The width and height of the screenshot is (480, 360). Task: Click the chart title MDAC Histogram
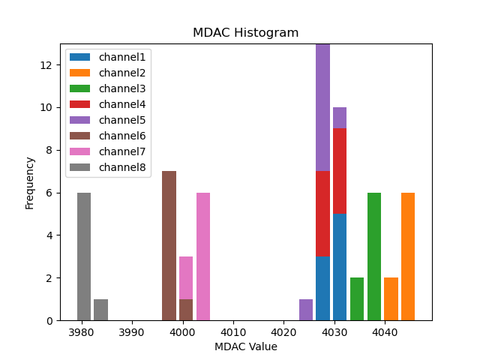(x=245, y=33)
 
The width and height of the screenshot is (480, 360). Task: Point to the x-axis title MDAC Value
(x=245, y=346)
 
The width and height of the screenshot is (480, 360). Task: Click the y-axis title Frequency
(x=30, y=182)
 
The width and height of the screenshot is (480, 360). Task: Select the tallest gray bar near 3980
(x=84, y=256)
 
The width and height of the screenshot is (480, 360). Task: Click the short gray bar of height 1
(x=100, y=310)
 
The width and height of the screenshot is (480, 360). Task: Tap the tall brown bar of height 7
(x=169, y=246)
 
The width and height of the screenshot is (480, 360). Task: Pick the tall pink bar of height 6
(x=203, y=256)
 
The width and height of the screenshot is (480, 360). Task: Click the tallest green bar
(x=373, y=256)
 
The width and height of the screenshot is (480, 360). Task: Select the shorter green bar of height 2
(x=357, y=299)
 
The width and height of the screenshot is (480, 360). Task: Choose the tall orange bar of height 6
(x=408, y=256)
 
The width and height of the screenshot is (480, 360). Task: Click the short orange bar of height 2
(x=391, y=299)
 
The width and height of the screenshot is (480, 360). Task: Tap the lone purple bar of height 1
(x=306, y=310)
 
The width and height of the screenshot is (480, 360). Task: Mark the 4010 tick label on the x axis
(x=232, y=331)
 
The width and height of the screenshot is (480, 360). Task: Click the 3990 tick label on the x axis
(x=131, y=331)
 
